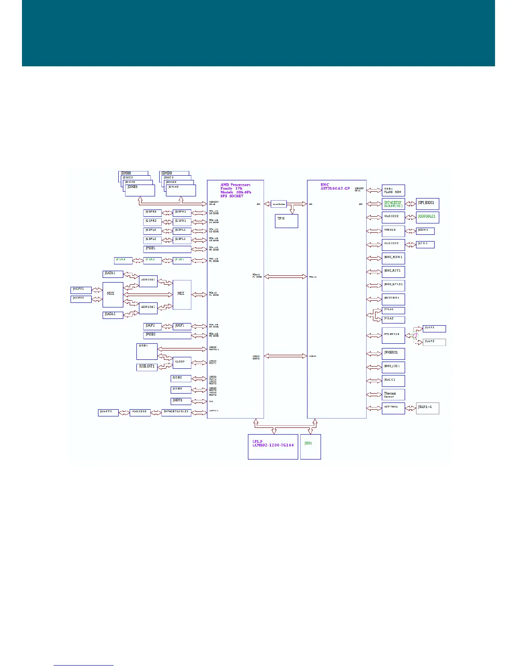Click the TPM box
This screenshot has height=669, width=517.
286,221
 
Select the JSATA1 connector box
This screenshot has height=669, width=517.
113,274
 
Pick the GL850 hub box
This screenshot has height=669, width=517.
182,362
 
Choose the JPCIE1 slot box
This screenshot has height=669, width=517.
167,249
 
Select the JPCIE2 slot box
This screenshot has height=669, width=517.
167,335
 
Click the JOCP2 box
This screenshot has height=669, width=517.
152,326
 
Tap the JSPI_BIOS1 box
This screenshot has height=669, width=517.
427,204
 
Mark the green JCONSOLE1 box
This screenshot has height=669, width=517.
427,217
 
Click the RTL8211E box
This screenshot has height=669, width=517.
393,335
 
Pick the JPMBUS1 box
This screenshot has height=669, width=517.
393,353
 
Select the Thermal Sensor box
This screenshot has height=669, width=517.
393,394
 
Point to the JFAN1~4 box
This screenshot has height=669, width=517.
427,408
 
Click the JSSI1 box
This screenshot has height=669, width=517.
310,446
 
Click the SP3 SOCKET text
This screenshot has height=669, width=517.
232,196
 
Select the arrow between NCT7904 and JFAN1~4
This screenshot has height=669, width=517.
411,408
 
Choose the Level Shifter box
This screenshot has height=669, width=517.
279,204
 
